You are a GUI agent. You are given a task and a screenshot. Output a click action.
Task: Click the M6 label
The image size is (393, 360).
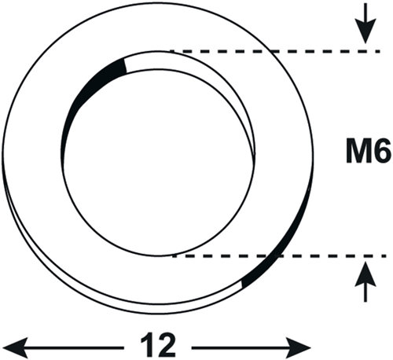368,152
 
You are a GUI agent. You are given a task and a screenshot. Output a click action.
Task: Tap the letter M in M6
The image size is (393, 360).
358,152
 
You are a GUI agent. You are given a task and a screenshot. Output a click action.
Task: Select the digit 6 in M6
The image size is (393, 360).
381,152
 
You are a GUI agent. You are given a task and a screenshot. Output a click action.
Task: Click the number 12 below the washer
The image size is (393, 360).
158,345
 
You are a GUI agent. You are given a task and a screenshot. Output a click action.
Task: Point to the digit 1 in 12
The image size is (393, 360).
147,345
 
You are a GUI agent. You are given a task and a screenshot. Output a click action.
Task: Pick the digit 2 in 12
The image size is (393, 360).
166,345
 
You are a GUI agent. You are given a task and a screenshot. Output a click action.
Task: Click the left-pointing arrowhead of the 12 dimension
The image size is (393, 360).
15,348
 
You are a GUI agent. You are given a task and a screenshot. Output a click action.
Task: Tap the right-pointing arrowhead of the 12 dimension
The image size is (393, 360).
299,348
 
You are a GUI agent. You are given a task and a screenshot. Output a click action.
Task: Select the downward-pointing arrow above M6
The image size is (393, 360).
365,23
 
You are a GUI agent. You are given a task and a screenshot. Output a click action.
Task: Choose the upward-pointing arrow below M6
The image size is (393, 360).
365,282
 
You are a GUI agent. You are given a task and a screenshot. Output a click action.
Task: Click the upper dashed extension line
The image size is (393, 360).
275,51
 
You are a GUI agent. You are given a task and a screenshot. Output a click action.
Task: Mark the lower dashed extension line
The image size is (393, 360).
279,256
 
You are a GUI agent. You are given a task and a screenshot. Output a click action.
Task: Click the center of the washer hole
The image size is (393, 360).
158,162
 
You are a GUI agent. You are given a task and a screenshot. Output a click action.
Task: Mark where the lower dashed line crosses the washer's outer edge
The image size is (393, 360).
278,256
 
